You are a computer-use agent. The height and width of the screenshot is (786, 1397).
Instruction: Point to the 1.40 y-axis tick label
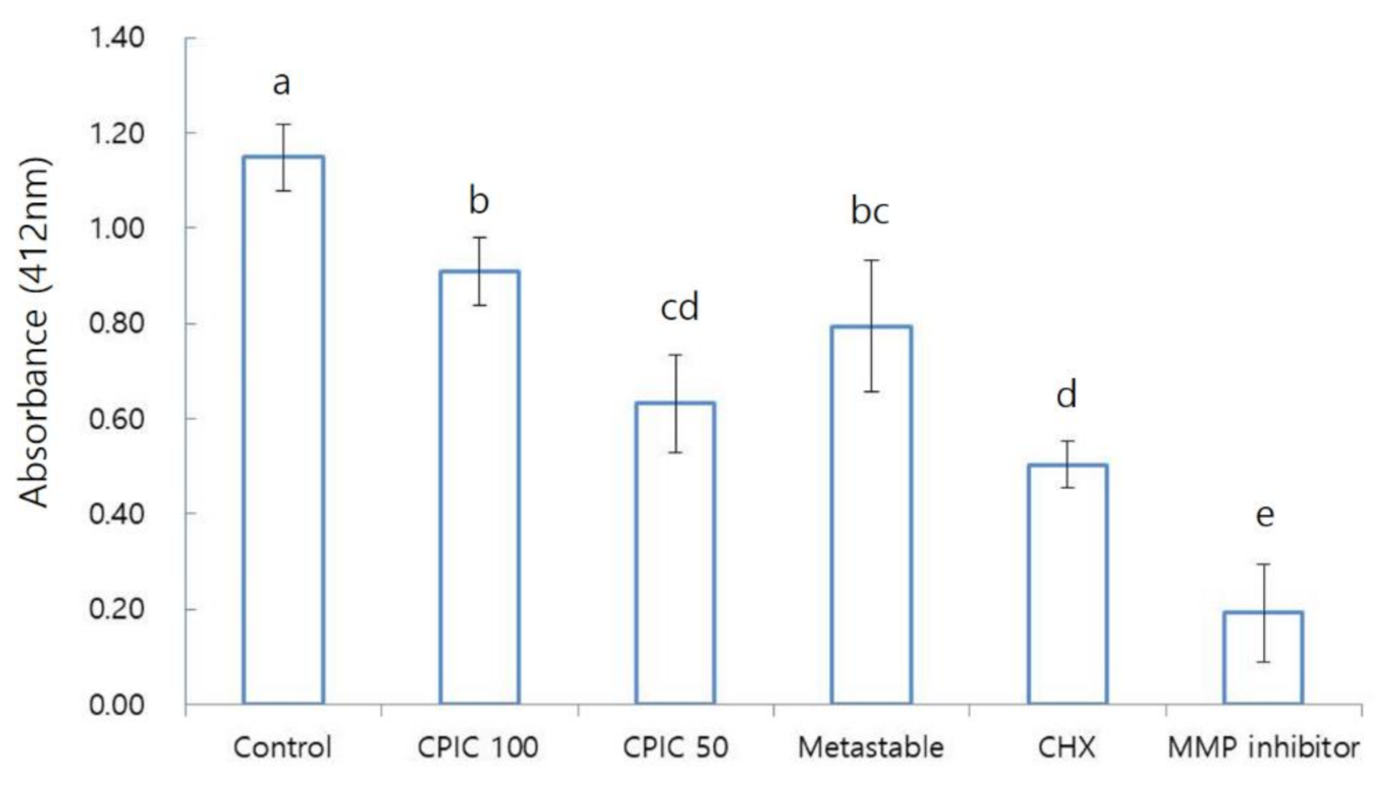117,38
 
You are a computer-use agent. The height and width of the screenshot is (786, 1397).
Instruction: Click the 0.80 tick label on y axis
117,324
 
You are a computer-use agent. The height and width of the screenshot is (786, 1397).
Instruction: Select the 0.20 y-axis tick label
117,609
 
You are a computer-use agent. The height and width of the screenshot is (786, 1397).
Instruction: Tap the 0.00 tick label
117,705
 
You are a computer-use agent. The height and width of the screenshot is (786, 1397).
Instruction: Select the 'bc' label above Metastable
870,211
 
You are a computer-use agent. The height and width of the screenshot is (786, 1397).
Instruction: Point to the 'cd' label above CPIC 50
679,307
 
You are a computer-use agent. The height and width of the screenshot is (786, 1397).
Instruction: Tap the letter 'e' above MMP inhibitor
1265,515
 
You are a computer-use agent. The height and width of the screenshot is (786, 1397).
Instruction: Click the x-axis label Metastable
871,747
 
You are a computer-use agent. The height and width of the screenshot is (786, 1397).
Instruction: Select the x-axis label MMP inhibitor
1263,747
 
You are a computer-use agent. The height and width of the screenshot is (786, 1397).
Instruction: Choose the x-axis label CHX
1067,747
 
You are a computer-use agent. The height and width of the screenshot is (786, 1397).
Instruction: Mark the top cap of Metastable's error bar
871,261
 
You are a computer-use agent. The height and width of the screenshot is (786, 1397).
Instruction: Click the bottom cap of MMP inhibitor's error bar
1263,662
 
